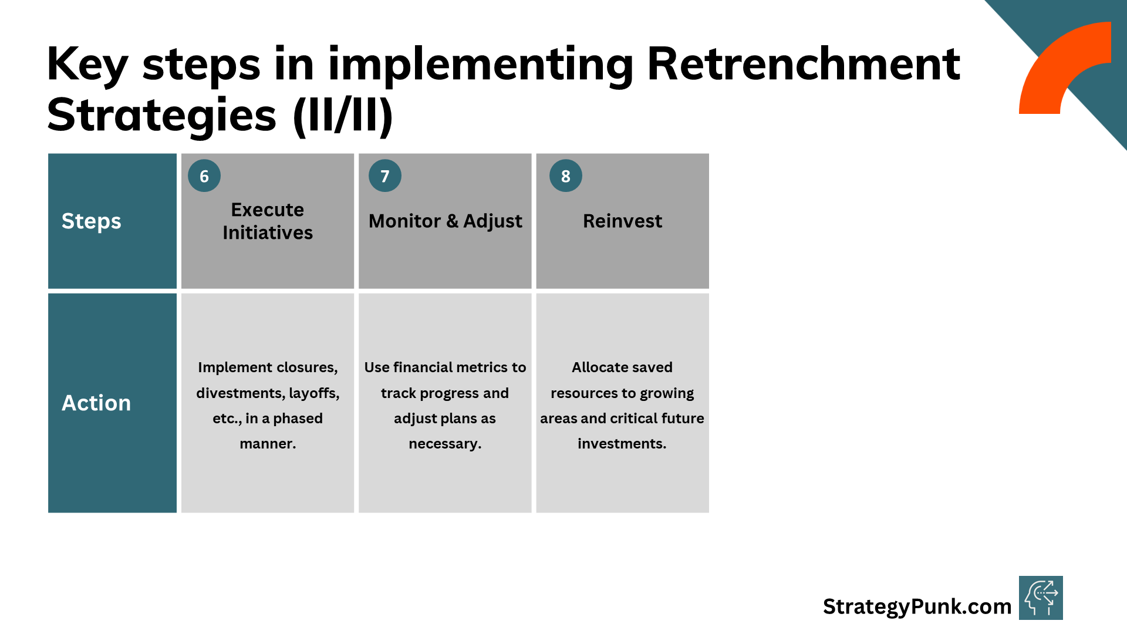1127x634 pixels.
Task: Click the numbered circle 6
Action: pyautogui.click(x=204, y=176)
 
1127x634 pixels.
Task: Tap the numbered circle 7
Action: pyautogui.click(x=385, y=176)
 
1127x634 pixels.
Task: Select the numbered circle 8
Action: pyautogui.click(x=566, y=176)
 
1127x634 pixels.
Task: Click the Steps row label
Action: pyautogui.click(x=92, y=221)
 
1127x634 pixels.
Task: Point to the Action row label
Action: pyautogui.click(x=96, y=403)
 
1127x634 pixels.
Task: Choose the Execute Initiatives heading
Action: pyautogui.click(x=268, y=221)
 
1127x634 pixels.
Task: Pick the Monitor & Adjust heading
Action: pyautogui.click(x=445, y=221)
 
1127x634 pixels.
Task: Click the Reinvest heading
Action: pyautogui.click(x=622, y=221)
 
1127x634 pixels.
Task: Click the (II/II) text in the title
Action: pyautogui.click(x=343, y=115)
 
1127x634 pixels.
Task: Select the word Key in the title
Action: pyautogui.click(x=87, y=65)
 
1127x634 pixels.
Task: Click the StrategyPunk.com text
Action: pyautogui.click(x=917, y=606)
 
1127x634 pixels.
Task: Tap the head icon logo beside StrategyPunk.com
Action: pyautogui.click(x=1041, y=598)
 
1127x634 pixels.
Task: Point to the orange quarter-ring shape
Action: pyautogui.click(x=1057, y=65)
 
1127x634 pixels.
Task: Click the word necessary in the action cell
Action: pyautogui.click(x=444, y=444)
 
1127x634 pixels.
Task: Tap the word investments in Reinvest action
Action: pyautogui.click(x=622, y=444)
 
